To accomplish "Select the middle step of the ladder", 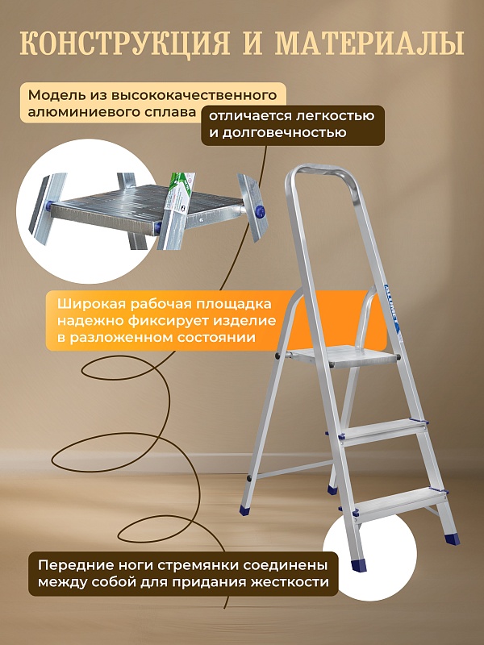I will click(379, 427).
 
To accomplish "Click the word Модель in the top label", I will click(52, 95).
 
